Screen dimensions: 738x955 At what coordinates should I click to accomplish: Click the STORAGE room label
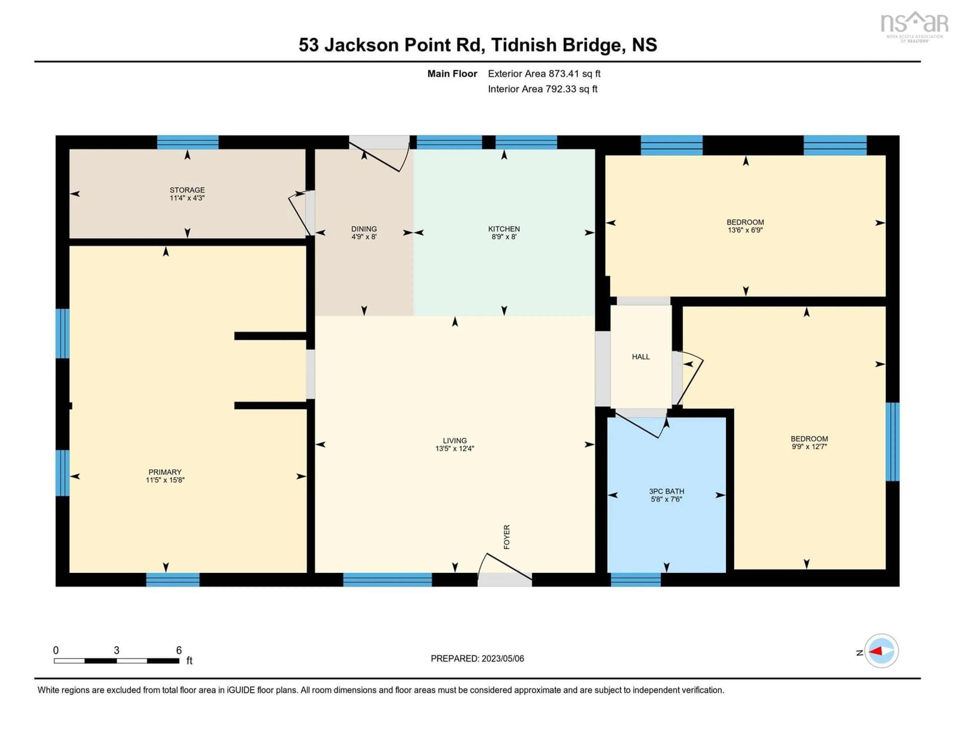click(x=187, y=190)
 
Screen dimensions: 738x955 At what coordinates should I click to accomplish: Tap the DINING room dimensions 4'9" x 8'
click(x=364, y=237)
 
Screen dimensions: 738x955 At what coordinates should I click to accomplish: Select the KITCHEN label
click(x=504, y=229)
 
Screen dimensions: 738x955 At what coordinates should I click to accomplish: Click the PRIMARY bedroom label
click(x=165, y=472)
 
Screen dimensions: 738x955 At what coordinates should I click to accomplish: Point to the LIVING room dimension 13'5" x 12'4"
click(x=455, y=448)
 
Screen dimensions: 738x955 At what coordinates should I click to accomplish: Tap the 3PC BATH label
click(x=667, y=491)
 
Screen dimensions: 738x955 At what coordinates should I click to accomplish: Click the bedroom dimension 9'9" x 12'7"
click(x=809, y=447)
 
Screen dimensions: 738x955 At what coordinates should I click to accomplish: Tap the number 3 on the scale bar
click(x=116, y=650)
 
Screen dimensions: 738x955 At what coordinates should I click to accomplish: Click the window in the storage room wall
click(x=188, y=142)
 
